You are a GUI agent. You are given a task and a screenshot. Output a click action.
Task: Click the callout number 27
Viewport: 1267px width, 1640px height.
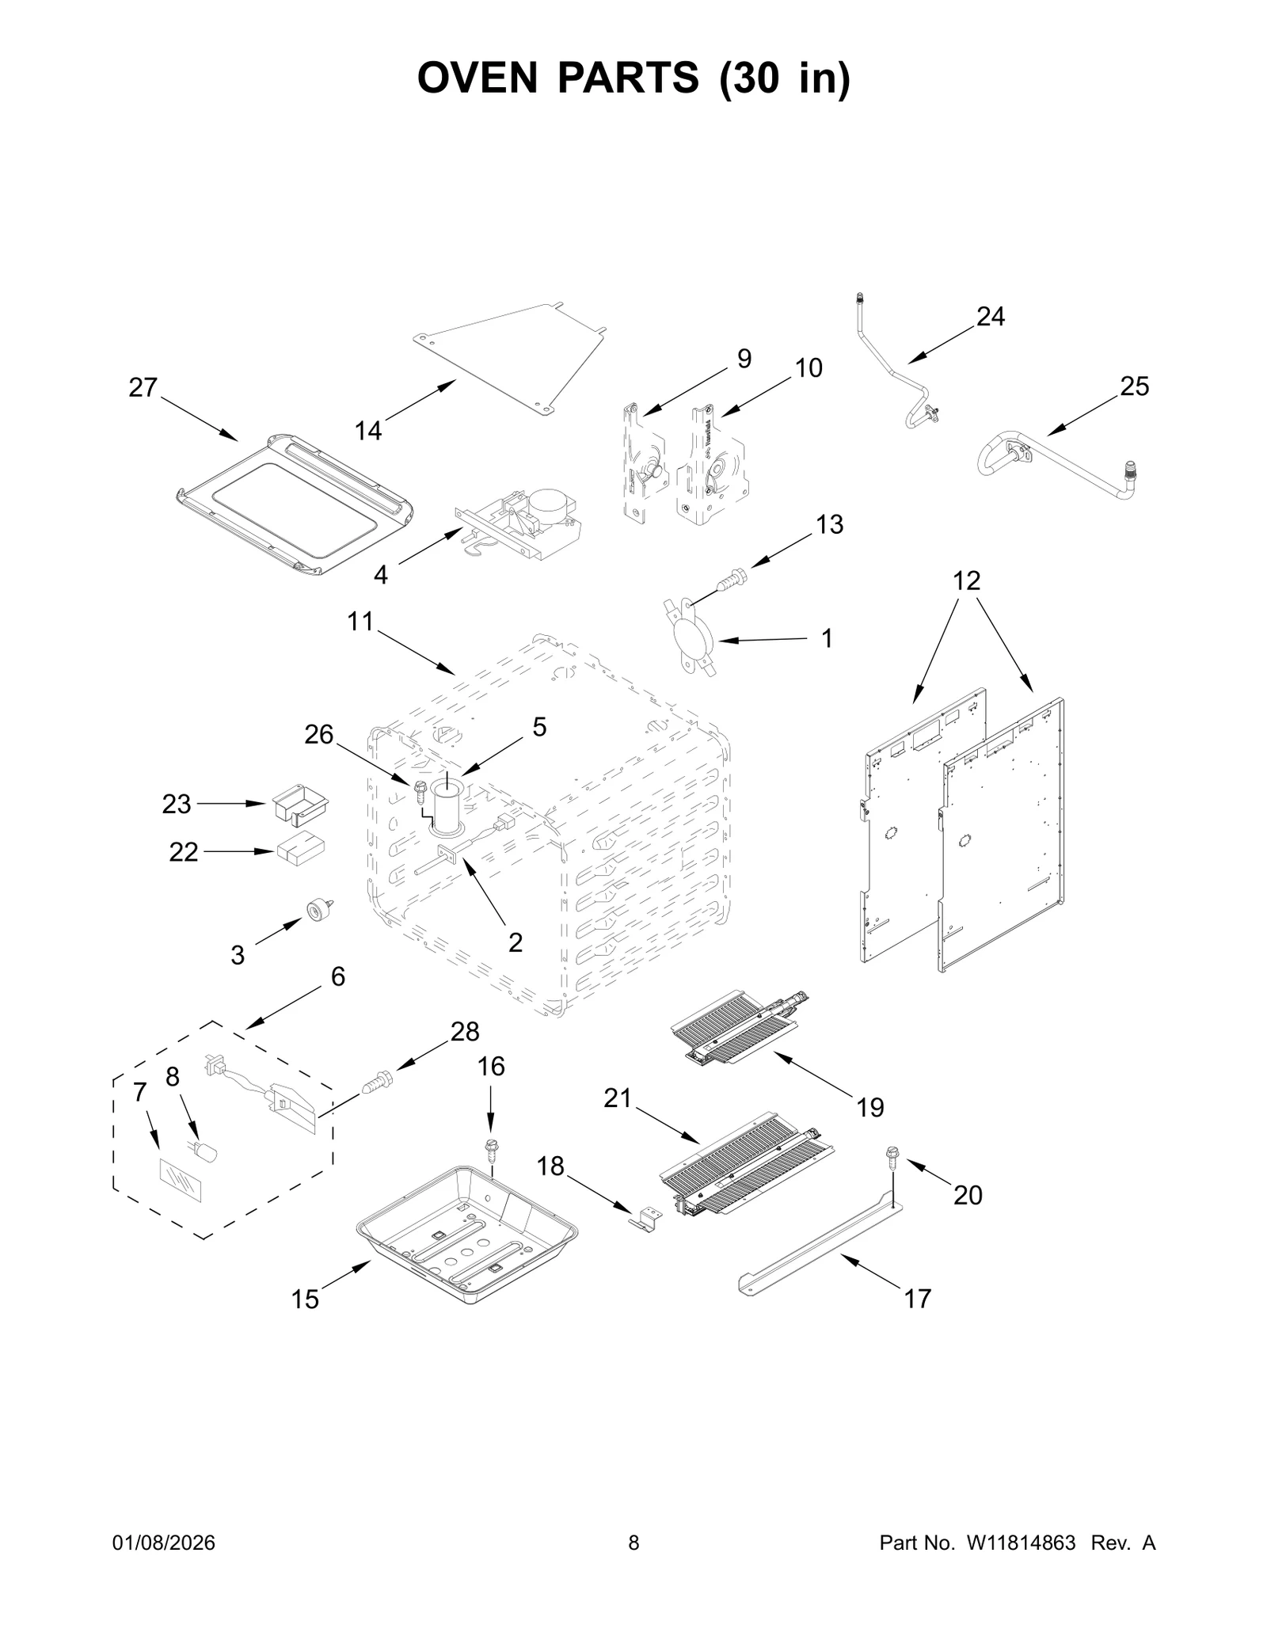coord(143,387)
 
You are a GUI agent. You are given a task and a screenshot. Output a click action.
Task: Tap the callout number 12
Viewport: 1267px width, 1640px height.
coord(966,580)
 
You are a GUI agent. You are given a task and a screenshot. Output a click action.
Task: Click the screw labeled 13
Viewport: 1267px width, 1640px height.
coord(731,579)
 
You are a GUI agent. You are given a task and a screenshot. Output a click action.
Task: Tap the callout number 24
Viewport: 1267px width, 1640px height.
coord(990,317)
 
